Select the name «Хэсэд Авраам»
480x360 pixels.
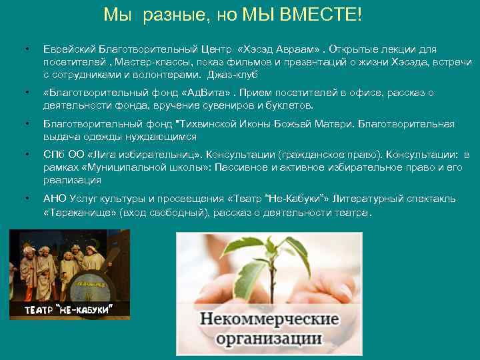(279, 49)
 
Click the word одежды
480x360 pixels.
(108, 136)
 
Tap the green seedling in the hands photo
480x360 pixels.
(267, 267)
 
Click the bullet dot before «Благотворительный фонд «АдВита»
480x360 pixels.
(25, 93)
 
